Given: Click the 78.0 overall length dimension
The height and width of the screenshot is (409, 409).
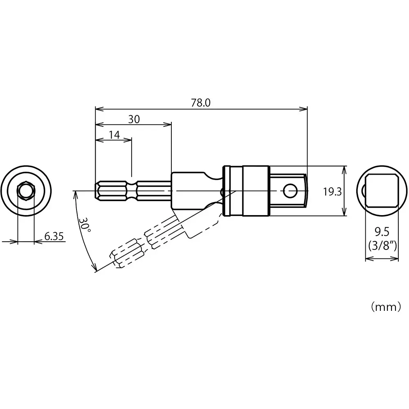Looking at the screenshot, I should tap(200, 103).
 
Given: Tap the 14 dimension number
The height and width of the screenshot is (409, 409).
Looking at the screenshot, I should tap(114, 135).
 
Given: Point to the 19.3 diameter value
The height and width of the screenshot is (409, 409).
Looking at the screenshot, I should tap(332, 191).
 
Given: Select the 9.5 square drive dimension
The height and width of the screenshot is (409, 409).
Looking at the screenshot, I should tap(381, 233).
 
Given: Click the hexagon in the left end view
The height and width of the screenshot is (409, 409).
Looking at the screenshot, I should tap(26, 191).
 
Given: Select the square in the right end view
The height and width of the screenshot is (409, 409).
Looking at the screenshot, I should tap(382, 191).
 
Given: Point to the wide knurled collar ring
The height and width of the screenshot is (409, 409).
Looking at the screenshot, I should tap(256, 191).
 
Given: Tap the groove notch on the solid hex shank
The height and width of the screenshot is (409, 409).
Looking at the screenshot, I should tap(132, 191).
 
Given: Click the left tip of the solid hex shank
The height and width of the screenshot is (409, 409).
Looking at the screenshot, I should tap(97, 191).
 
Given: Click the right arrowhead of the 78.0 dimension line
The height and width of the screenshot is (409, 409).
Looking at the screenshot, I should tap(304, 108).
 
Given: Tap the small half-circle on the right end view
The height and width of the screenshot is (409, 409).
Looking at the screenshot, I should tap(364, 191).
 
